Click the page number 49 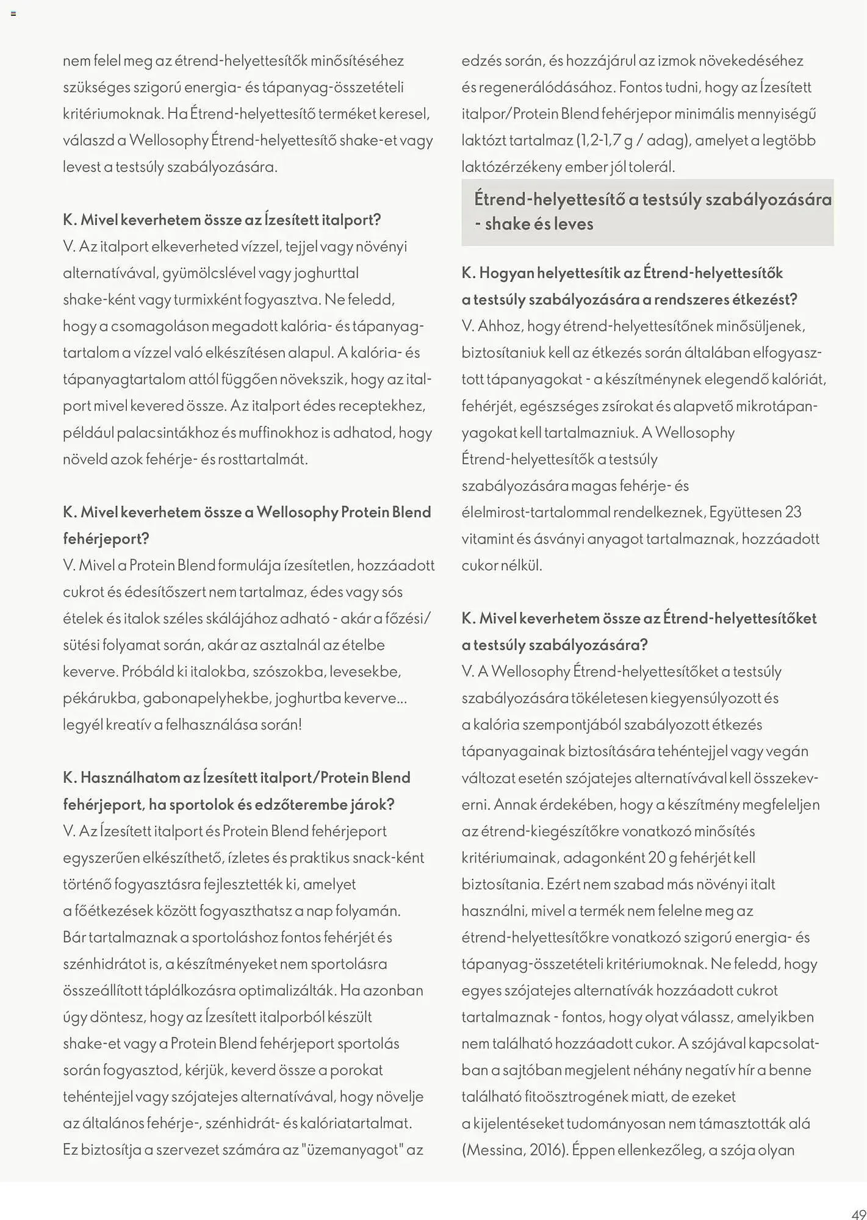[x=858, y=1213]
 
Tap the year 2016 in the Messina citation [x=547, y=1150]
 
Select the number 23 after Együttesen [x=793, y=512]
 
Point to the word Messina [x=494, y=1150]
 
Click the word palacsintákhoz [x=168, y=432]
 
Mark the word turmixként [x=207, y=300]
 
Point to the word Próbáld [x=148, y=671]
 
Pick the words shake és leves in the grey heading [x=539, y=224]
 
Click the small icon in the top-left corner [x=13, y=13]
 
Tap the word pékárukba [x=100, y=698]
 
